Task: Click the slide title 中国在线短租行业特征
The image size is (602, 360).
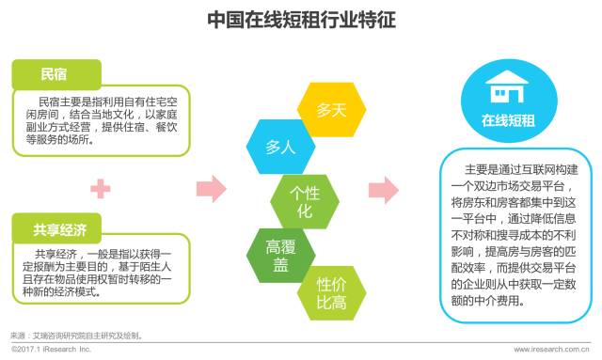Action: (x=301, y=18)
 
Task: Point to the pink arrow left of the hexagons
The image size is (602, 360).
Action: (x=215, y=188)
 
